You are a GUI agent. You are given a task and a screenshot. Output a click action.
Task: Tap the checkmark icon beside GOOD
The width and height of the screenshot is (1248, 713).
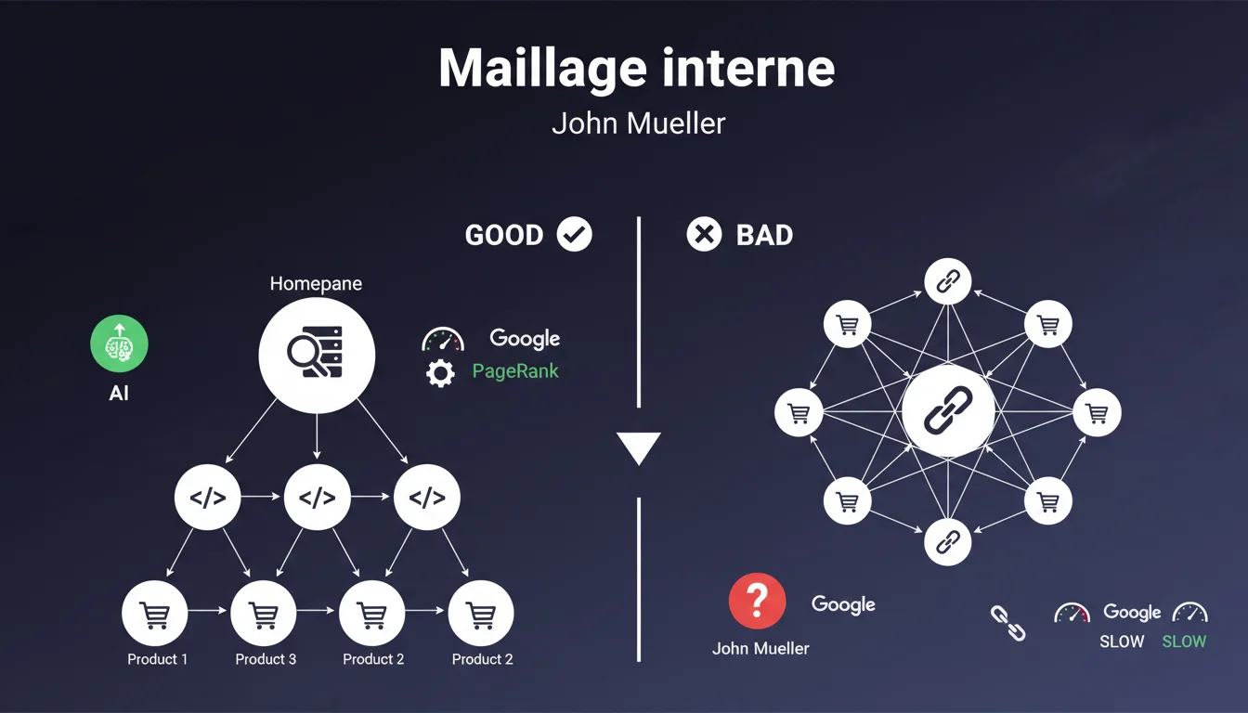574,235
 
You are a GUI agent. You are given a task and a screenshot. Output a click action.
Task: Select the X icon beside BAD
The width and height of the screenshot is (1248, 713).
704,235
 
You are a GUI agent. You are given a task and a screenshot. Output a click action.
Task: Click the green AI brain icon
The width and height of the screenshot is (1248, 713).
119,344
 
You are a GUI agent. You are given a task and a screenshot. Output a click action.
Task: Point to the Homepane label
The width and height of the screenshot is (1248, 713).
316,283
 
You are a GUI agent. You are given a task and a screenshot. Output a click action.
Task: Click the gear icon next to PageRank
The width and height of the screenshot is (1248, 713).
440,373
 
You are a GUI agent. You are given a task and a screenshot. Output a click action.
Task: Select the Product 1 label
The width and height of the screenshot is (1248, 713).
157,659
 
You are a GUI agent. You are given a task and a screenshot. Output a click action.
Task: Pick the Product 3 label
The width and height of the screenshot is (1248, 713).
266,659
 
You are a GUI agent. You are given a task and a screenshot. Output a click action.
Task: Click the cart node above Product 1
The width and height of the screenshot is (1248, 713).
154,613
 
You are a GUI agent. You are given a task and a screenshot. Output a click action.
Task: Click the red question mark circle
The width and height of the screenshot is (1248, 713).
758,601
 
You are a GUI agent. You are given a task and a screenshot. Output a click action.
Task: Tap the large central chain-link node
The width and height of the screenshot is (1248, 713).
948,411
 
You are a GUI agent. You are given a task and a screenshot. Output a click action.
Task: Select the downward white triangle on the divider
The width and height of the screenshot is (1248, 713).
639,447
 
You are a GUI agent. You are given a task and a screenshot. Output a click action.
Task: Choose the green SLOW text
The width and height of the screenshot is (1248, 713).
1184,642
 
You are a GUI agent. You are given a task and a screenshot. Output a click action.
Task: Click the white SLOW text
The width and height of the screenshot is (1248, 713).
1122,642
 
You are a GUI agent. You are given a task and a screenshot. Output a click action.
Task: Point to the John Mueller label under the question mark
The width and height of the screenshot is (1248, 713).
760,648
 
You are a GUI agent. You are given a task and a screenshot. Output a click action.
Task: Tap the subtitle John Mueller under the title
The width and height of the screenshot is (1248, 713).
638,123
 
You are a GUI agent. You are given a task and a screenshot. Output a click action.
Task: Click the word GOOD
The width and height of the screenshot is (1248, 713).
504,235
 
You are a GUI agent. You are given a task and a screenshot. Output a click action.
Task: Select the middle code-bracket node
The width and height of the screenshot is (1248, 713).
317,498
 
